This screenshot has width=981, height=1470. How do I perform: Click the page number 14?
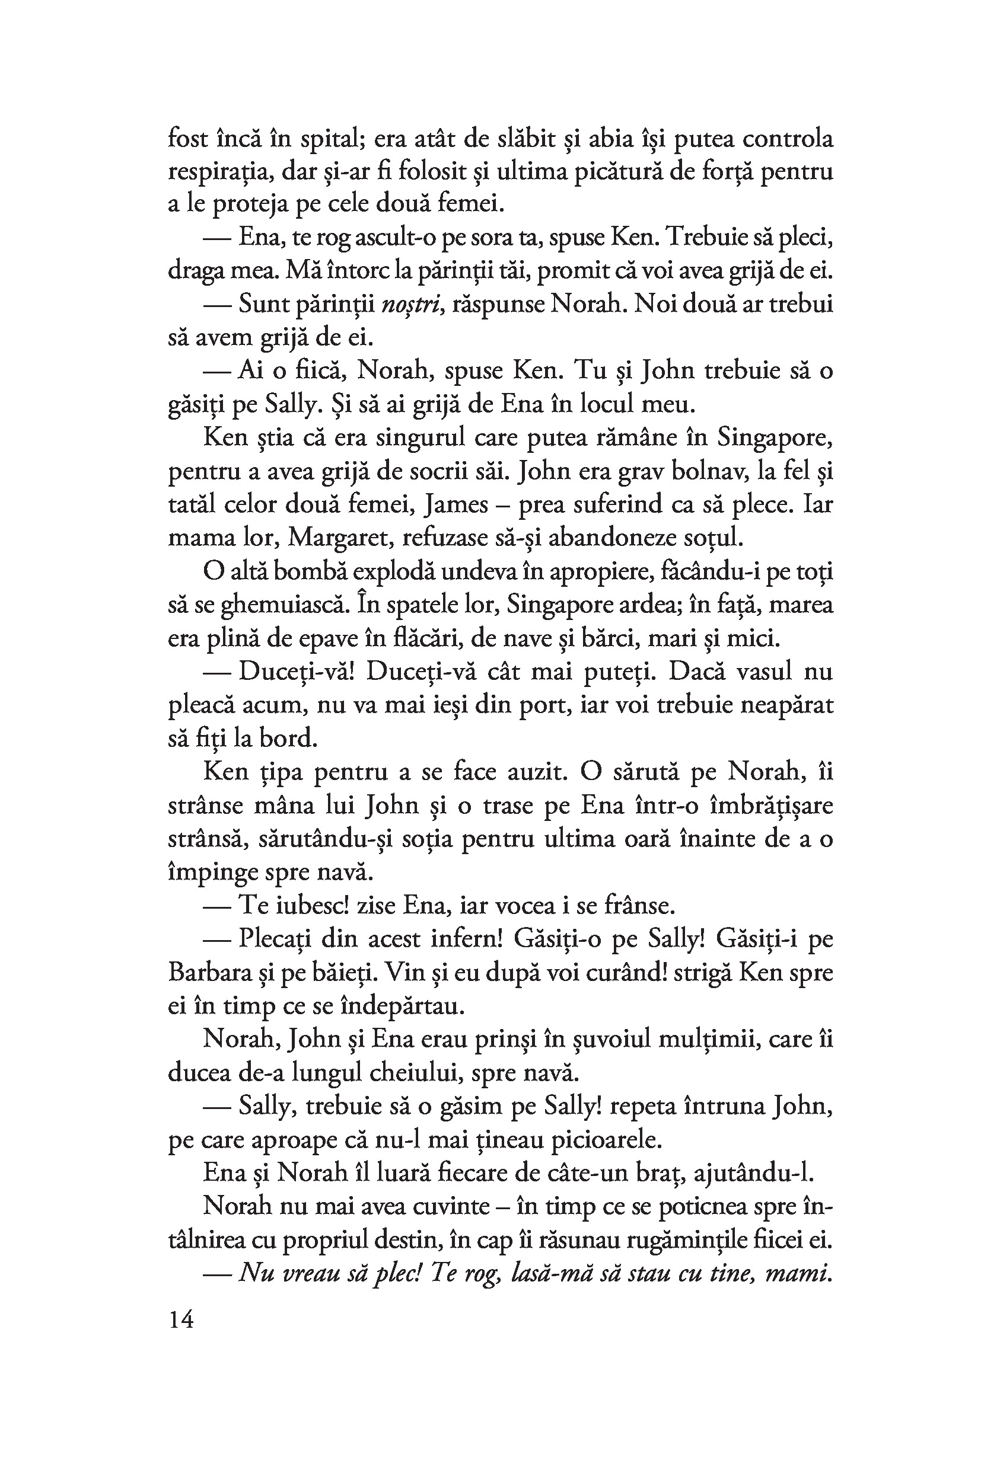[181, 1319]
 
